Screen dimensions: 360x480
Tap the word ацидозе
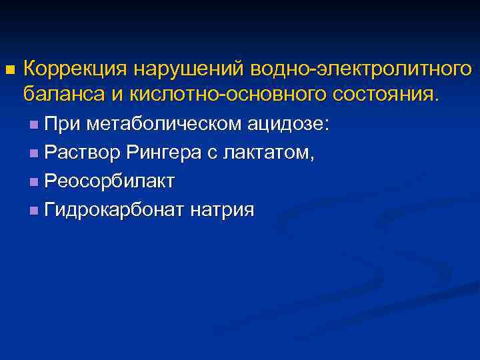291,124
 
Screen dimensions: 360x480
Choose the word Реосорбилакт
109,181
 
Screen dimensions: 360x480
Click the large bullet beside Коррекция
9,69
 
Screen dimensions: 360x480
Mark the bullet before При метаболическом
34,125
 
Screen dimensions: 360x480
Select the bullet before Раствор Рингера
34,153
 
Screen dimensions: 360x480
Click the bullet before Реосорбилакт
34,182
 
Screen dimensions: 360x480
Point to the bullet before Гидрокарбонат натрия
34,211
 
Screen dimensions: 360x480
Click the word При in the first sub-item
61,124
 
